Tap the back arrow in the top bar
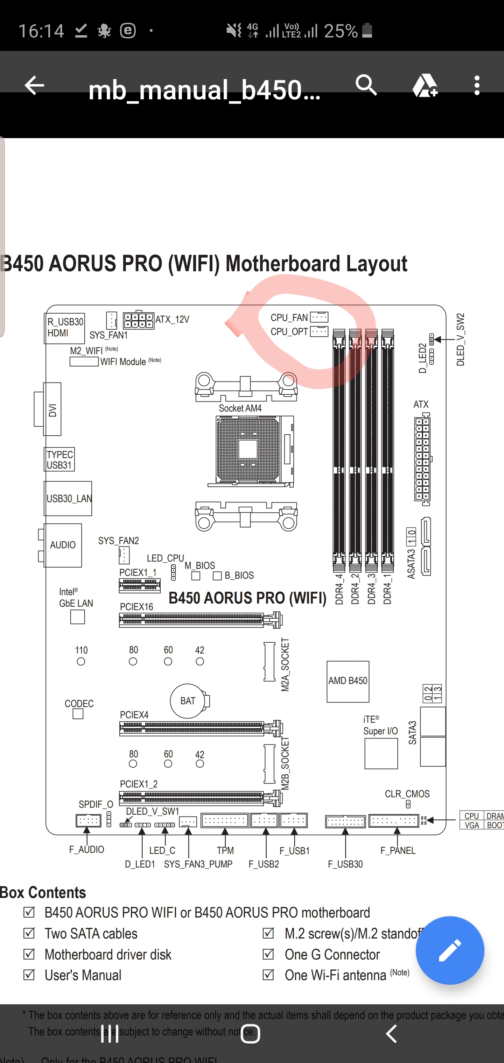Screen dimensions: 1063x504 coord(34,85)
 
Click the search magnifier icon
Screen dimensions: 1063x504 coord(366,85)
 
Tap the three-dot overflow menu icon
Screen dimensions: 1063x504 coord(477,85)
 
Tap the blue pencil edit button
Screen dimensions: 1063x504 coord(449,950)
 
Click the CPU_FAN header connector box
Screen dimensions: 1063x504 coord(319,317)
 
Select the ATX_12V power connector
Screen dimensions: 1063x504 coord(138,320)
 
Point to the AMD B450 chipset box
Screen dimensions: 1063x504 coord(348,681)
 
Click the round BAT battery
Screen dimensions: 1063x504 coord(188,701)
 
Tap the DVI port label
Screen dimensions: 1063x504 coord(52,409)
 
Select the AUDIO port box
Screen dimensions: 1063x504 coord(63,545)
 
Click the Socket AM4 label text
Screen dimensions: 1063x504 coord(240,408)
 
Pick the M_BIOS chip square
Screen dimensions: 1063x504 coord(196,576)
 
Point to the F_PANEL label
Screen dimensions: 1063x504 coord(397,850)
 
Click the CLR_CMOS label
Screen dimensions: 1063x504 coord(407,794)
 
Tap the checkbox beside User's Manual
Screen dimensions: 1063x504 coord(29,975)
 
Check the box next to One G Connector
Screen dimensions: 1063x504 coord(268,954)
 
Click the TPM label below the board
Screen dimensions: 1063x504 coord(225,850)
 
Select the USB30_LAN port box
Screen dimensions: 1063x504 coord(68,499)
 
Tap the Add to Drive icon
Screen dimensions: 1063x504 coord(425,85)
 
